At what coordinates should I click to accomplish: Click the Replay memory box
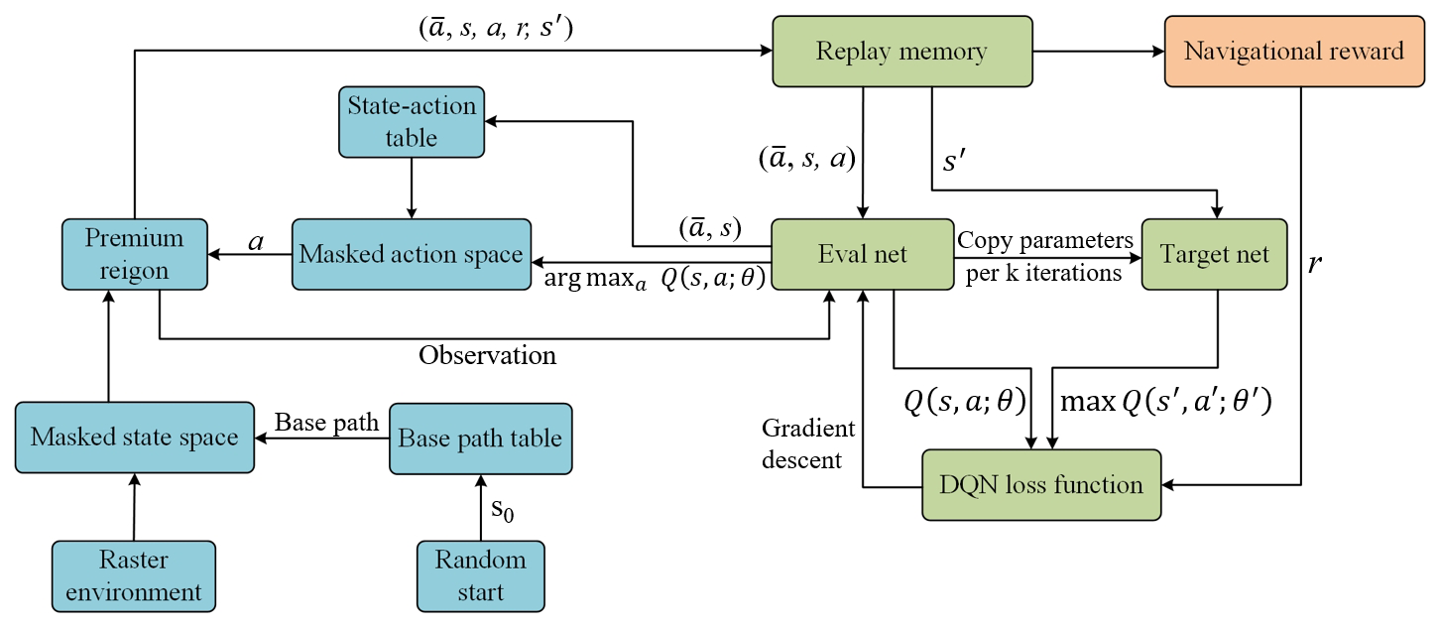pos(900,51)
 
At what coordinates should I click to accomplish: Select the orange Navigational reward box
pos(1294,51)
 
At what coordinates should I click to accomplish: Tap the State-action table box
pos(411,122)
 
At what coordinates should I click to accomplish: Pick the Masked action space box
pos(411,254)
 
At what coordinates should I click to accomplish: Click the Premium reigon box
pos(134,254)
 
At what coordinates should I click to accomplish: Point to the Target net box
pos(1213,254)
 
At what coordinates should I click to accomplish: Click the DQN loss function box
pos(1040,485)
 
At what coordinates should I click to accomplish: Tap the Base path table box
pos(480,437)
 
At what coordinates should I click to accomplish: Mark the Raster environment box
pos(134,575)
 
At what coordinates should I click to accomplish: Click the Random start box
pos(480,575)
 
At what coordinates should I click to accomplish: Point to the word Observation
pos(487,355)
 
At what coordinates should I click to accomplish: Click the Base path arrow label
pos(326,422)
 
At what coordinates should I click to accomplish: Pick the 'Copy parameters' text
pos(1044,240)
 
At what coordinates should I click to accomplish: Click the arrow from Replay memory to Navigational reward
pos(1097,51)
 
